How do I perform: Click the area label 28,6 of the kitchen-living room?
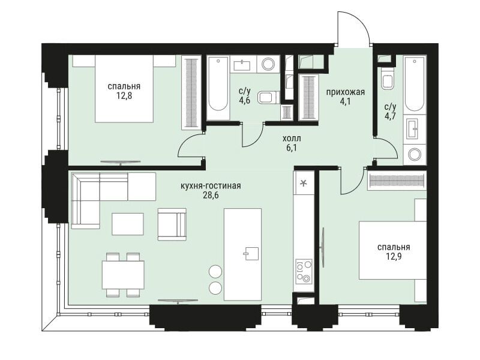[x=211, y=196]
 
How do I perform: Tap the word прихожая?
[x=346, y=92]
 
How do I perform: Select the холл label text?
[x=292, y=139]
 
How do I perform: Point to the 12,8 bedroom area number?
[x=124, y=96]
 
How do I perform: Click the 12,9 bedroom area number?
[x=394, y=256]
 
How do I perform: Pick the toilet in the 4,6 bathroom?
[x=268, y=98]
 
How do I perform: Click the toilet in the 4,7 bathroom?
[x=387, y=80]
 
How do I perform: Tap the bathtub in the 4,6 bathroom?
[x=218, y=88]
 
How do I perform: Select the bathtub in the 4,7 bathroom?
[x=415, y=84]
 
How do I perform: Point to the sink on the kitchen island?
[x=251, y=253]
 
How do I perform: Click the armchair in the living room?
[x=172, y=224]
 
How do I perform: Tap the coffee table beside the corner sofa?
[x=127, y=224]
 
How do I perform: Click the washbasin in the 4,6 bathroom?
[x=242, y=65]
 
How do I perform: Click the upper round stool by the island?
[x=215, y=271]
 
